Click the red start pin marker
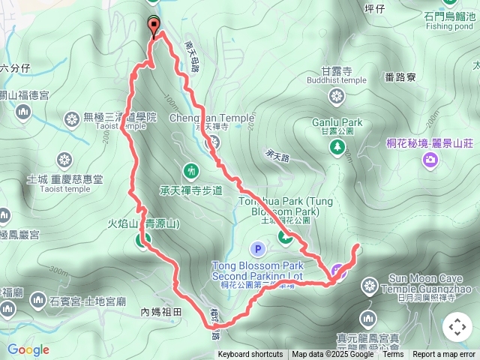pyautogui.click(x=154, y=27)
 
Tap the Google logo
pyautogui.click(x=28, y=349)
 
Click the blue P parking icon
pyautogui.click(x=258, y=248)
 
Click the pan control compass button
pyautogui.click(x=457, y=327)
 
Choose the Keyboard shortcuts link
pyautogui.click(x=250, y=355)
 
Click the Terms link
pyautogui.click(x=393, y=355)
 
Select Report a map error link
pyautogui.click(x=444, y=355)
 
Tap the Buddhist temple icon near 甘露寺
pyautogui.click(x=337, y=96)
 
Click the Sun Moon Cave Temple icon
pyautogui.click(x=370, y=285)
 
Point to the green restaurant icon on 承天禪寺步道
pyautogui.click(x=191, y=171)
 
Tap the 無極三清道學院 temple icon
pyautogui.click(x=72, y=118)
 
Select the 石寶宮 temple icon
pyautogui.click(x=37, y=301)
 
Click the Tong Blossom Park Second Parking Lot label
pyautogui.click(x=257, y=271)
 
